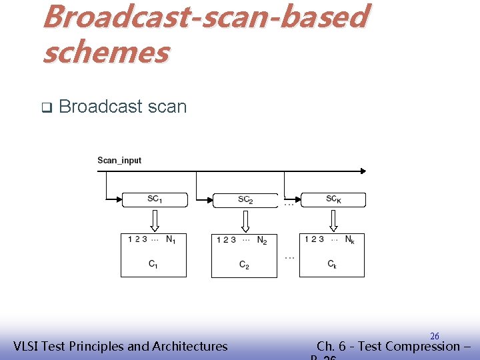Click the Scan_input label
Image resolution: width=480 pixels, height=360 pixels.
point(119,160)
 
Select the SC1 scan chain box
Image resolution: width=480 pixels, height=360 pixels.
point(155,199)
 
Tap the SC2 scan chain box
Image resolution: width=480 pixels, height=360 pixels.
point(245,200)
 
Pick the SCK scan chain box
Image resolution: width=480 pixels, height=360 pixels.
point(334,199)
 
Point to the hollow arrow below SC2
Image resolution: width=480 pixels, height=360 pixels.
point(245,220)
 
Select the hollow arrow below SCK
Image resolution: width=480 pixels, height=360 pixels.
point(334,219)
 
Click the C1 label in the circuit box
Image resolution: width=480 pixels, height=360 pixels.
point(153,264)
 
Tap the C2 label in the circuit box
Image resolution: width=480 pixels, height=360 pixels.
point(244,265)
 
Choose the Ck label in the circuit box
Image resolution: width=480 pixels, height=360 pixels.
point(332,265)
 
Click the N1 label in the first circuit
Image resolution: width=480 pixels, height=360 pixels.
point(171,239)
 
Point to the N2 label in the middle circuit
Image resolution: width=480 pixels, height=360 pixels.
point(262,240)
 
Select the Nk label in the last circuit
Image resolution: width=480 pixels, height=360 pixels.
point(349,239)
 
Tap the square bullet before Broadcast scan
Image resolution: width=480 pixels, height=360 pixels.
point(46,107)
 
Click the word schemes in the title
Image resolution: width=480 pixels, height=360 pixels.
point(105,52)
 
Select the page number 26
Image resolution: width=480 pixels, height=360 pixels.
point(434,336)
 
